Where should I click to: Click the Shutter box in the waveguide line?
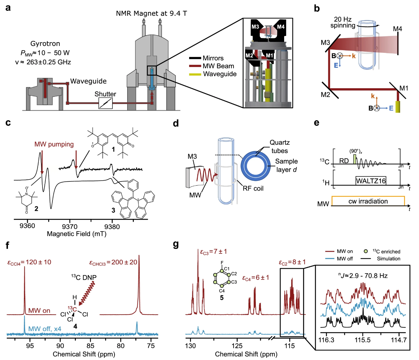tap(105, 103)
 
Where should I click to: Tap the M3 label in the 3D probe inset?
tap(255, 27)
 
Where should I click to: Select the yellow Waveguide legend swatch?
tap(195, 74)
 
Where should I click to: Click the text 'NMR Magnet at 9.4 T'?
tap(151, 14)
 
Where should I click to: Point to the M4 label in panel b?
tap(397, 29)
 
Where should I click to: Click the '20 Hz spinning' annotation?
tap(343, 22)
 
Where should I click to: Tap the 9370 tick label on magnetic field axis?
tap(70, 226)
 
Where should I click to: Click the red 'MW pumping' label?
tap(54, 144)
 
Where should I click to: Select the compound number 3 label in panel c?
tap(113, 210)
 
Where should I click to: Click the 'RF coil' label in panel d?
tap(253, 189)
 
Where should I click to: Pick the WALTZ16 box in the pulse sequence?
tap(371, 181)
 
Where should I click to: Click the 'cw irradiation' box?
tap(368, 201)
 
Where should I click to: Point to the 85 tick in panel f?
tap(90, 346)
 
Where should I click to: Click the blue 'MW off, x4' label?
tap(45, 329)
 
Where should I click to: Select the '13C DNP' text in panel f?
tap(84, 277)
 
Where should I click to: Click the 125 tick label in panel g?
tap(237, 346)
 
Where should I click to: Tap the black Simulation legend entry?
tap(389, 259)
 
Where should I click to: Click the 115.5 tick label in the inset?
tap(362, 340)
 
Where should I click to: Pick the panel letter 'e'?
tap(317, 122)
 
